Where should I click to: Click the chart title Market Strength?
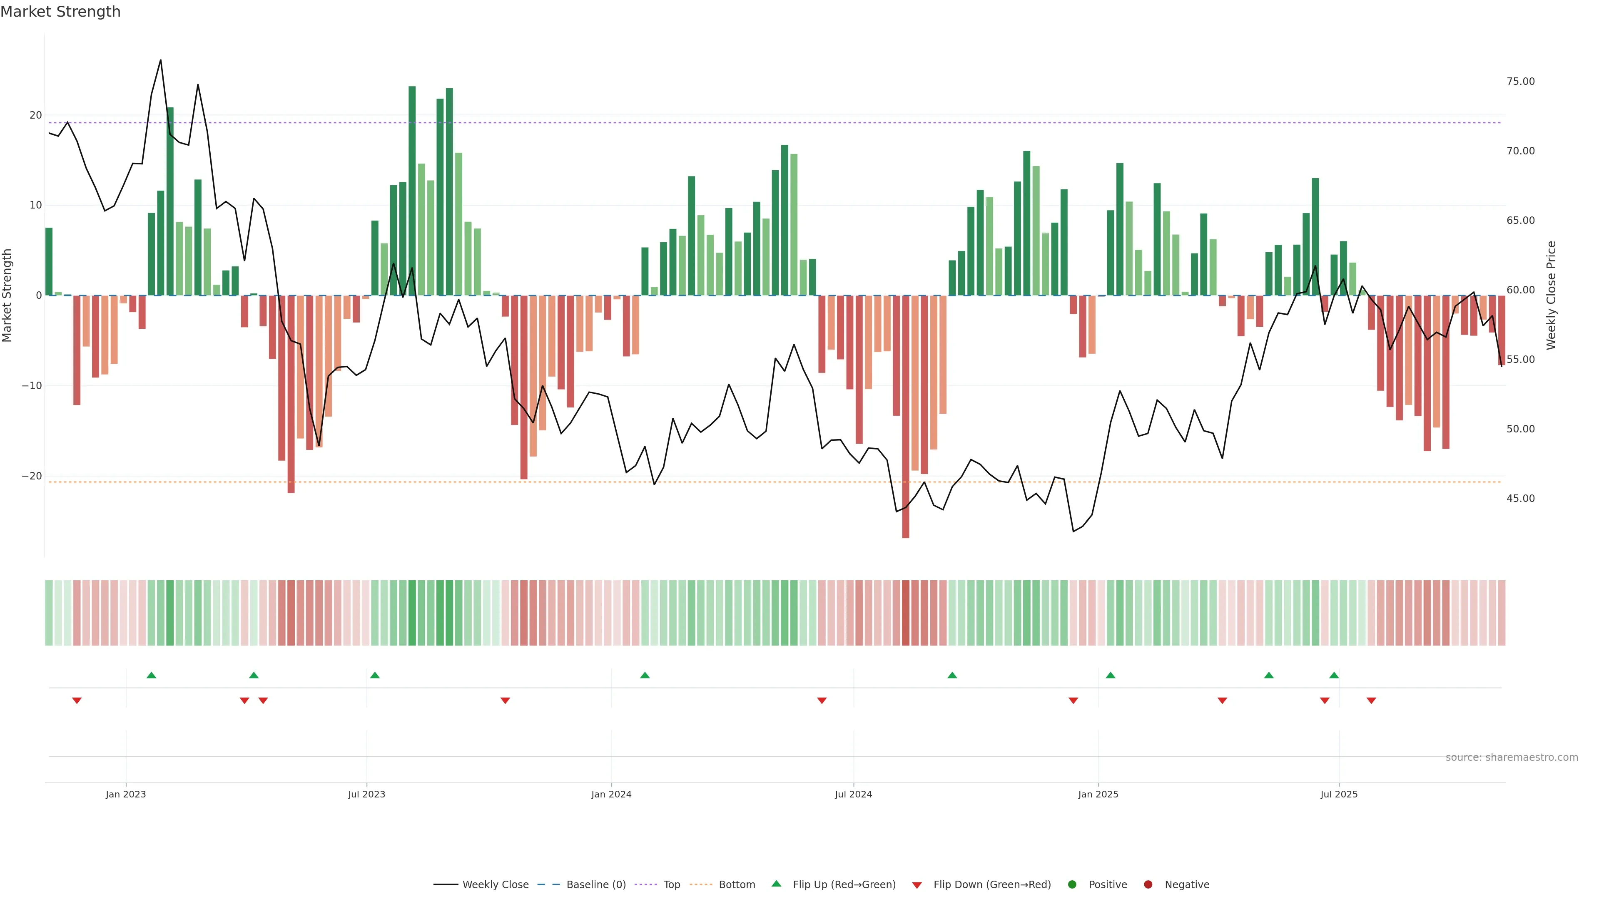[x=60, y=12]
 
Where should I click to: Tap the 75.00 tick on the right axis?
[x=1520, y=81]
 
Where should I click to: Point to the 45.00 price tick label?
[x=1520, y=498]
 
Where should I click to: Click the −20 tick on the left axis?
[x=32, y=476]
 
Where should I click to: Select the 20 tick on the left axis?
[x=35, y=115]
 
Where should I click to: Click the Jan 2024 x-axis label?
[x=611, y=794]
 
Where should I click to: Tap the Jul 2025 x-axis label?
[x=1338, y=794]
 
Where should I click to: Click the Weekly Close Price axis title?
[x=1551, y=296]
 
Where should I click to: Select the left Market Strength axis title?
[x=7, y=296]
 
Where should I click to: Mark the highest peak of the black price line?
[x=160, y=60]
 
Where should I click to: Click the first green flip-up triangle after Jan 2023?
[x=152, y=675]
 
